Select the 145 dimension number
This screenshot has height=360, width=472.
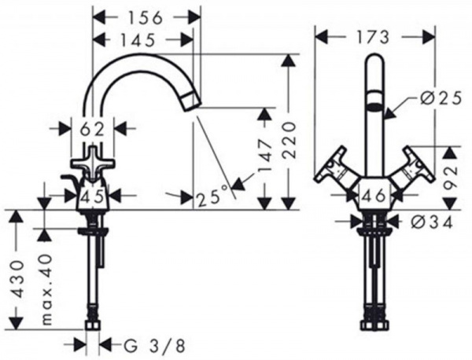tap(138, 40)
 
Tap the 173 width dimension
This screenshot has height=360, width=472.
tap(372, 37)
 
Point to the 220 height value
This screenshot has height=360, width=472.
tap(289, 140)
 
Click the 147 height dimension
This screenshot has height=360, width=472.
tap(265, 157)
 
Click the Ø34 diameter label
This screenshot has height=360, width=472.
tap(432, 222)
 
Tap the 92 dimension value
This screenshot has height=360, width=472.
tap(451, 178)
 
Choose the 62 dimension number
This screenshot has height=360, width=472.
tap(92, 130)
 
